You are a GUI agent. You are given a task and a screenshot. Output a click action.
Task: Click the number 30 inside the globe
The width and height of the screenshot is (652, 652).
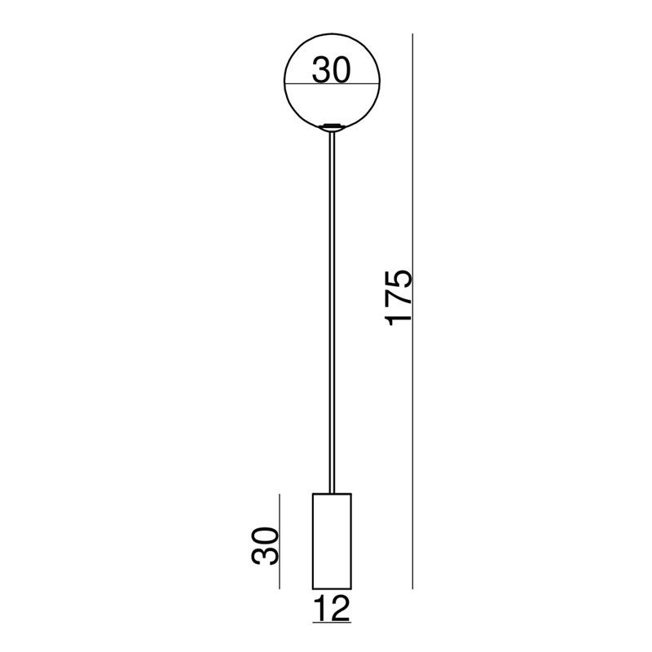[x=332, y=70]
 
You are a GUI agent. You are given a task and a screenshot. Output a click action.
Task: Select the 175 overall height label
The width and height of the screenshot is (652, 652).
[x=399, y=297]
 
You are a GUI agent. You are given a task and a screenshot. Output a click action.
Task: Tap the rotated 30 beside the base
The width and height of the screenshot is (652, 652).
[x=264, y=546]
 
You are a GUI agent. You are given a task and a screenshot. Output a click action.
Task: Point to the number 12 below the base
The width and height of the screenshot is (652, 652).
[x=333, y=608]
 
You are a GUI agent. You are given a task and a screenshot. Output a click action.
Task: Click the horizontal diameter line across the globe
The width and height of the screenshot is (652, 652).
[x=332, y=85]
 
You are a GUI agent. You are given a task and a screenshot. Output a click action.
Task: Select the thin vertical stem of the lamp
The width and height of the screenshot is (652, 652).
[x=332, y=312]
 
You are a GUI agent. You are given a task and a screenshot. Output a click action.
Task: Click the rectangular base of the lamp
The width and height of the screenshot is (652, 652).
[x=332, y=541]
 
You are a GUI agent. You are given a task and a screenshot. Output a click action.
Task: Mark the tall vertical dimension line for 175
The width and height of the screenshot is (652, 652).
[x=412, y=311]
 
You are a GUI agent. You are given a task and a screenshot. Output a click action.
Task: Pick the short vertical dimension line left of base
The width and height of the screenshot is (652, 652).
[x=280, y=541]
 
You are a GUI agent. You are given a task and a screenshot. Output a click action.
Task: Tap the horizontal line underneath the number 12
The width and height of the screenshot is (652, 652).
[x=332, y=623]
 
